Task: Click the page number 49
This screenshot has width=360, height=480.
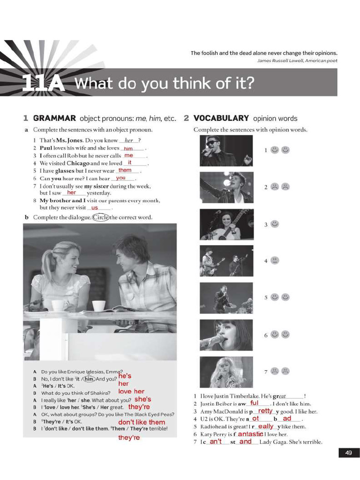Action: [x=348, y=452]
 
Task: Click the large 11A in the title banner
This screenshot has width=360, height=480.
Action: [x=43, y=83]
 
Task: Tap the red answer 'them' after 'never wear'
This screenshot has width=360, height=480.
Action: [x=125, y=170]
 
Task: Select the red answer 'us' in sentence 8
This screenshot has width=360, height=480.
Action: [x=95, y=208]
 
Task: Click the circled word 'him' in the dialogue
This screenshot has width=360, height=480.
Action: [x=90, y=379]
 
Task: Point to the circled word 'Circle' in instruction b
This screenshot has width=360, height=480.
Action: [x=101, y=217]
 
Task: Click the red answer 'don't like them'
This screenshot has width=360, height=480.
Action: [x=142, y=422]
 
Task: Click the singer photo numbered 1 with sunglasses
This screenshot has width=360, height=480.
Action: [x=226, y=151]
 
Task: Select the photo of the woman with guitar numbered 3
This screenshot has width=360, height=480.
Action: [x=226, y=225]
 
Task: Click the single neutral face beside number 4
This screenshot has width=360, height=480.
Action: [x=275, y=260]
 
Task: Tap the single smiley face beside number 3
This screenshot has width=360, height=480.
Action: [x=275, y=224]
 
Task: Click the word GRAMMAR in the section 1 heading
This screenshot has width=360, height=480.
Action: [x=54, y=118]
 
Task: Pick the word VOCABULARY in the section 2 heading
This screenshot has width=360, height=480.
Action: [x=221, y=118]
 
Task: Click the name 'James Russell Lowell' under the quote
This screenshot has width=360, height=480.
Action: [x=280, y=60]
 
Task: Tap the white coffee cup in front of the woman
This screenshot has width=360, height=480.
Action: [x=60, y=305]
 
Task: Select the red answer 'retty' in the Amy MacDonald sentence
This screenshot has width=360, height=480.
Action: [x=265, y=411]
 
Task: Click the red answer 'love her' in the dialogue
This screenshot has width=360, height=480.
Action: [x=131, y=391]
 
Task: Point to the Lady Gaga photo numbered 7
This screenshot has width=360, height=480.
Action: [x=226, y=372]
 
